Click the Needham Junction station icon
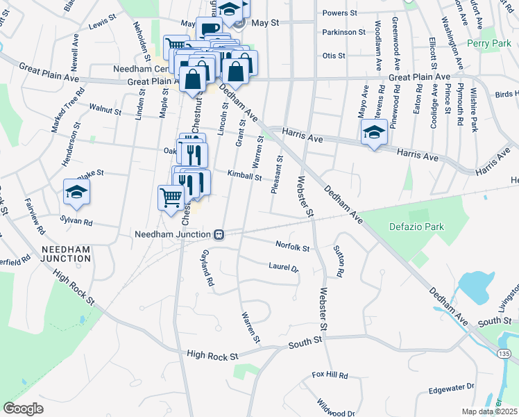pos(218,234)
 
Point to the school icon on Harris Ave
pos(373,134)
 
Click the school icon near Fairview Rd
pos(76,194)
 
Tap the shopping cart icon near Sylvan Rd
pos(171,197)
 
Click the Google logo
pos(23,408)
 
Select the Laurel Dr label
pos(283,267)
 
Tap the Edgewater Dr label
pos(451,386)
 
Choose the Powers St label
pos(339,13)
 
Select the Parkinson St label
pos(343,32)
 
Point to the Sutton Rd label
pos(339,261)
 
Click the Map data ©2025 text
pos(489,411)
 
